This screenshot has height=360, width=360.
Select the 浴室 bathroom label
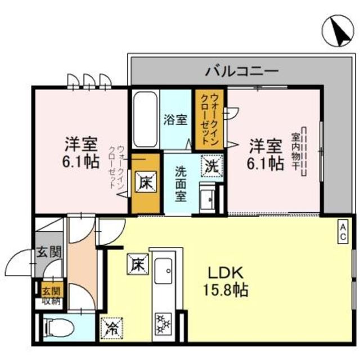(x=175, y=119)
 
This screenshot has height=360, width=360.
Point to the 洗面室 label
(x=181, y=183)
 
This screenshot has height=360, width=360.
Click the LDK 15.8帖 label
(x=225, y=281)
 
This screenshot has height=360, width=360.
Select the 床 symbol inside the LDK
(x=136, y=263)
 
